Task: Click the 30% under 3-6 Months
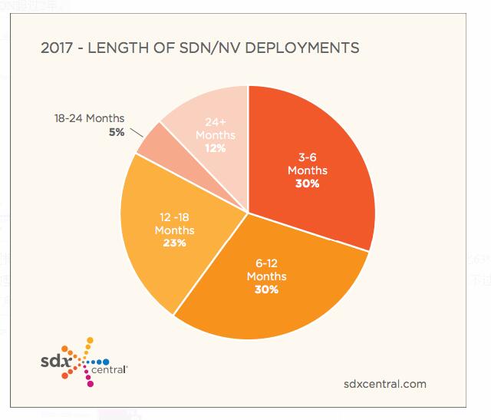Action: pos(308,184)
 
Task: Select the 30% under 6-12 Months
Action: pos(266,289)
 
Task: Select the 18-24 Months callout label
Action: pos(89,119)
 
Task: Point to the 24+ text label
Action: pos(216,122)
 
